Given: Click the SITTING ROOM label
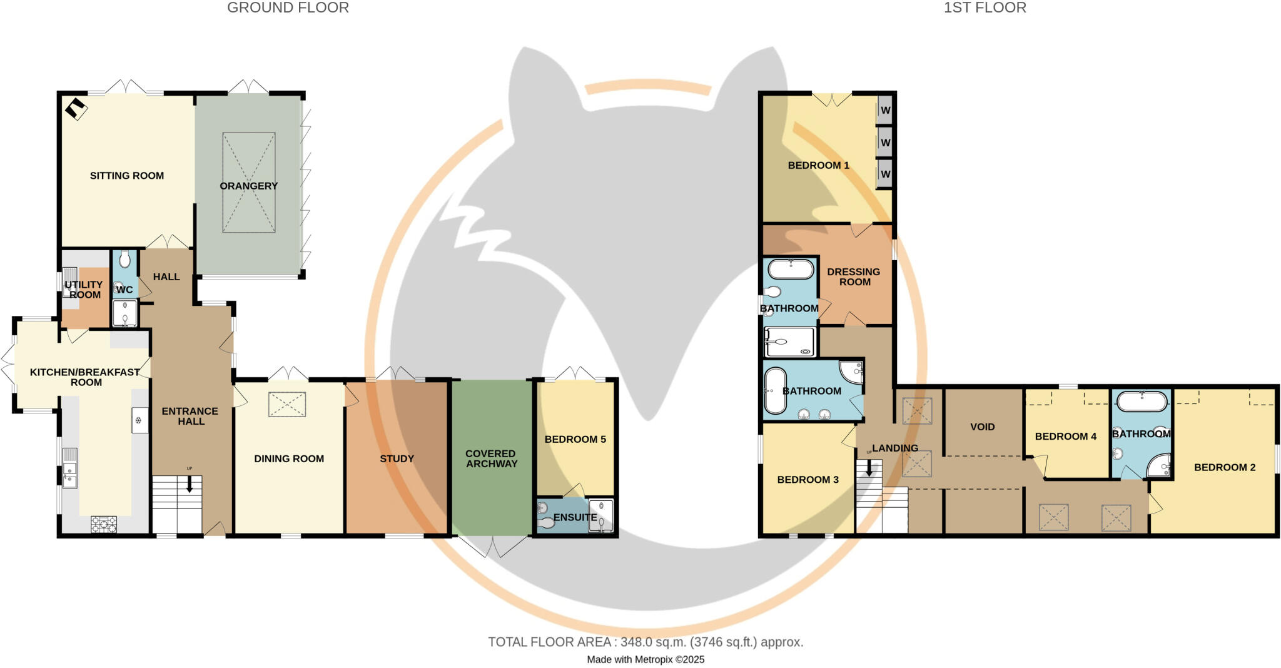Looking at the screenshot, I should pos(127,176).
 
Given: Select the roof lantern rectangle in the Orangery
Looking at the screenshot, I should pos(248,182).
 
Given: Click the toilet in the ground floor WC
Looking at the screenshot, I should pos(124,260).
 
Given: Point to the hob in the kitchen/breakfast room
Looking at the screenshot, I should pos(104,524).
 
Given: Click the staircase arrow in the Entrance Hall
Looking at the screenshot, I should pos(190,483).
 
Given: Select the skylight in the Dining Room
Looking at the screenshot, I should pos(287,404).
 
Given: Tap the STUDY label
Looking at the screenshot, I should pos(397,458).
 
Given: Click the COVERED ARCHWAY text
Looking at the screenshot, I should pos(491,458).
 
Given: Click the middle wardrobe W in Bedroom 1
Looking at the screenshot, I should pos(885,143).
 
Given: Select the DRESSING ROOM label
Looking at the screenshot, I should pos(854,276).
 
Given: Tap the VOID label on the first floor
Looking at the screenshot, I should pos(982,427).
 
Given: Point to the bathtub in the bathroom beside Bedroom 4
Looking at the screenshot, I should pos(1142,401).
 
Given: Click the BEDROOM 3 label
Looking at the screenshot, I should pos(808,480).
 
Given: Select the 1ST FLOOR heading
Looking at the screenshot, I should pos(985,8).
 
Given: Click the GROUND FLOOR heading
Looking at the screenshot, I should pos(288,8).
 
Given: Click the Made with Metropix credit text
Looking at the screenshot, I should pos(646,659).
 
